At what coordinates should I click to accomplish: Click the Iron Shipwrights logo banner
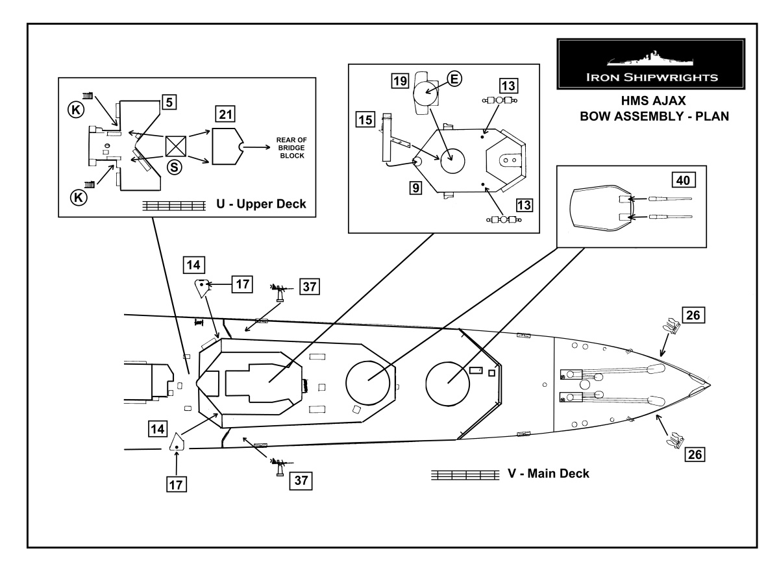[650, 64]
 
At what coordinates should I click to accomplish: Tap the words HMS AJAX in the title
[653, 101]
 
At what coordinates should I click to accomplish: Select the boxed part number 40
[683, 180]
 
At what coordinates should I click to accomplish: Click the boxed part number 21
[225, 114]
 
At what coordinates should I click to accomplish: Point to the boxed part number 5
[169, 102]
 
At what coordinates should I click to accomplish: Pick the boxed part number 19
[400, 81]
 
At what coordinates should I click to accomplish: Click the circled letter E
[454, 79]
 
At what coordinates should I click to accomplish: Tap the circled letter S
[174, 167]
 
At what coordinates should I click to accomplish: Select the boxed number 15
[365, 120]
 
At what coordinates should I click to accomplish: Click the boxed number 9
[416, 188]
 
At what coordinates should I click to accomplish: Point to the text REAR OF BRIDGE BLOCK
[291, 148]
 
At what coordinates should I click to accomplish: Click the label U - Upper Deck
[262, 204]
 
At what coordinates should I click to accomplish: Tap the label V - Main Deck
[549, 473]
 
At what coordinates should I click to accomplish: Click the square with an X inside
[176, 146]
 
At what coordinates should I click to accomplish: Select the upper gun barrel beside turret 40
[670, 199]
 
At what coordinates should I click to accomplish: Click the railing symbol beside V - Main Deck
[465, 475]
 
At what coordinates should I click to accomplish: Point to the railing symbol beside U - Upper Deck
[174, 206]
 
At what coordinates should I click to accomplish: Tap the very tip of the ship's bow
[710, 385]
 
